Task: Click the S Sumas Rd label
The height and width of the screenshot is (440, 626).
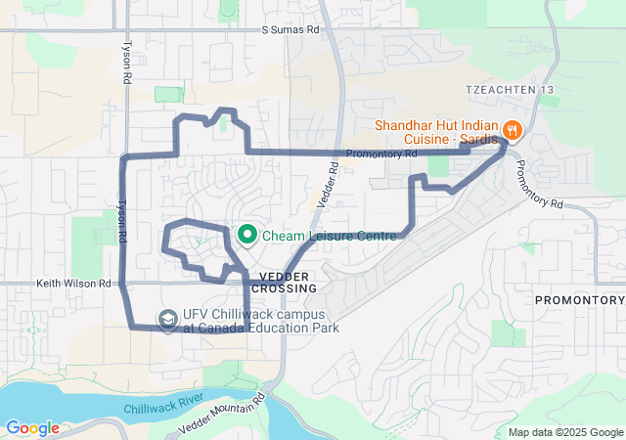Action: (x=291, y=30)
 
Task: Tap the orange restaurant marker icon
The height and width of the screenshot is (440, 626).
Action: (x=511, y=130)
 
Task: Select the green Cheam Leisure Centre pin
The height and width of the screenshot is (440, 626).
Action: (x=247, y=235)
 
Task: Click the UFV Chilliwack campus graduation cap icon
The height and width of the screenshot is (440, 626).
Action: (x=168, y=319)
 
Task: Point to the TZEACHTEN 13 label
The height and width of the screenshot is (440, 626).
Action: (x=509, y=90)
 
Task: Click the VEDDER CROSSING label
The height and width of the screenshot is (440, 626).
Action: (x=285, y=283)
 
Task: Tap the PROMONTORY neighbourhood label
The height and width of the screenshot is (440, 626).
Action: (x=579, y=299)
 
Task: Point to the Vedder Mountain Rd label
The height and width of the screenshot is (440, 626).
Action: (x=224, y=415)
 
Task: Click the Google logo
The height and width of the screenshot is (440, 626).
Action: (x=32, y=428)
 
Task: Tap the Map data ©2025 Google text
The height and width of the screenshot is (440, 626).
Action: (x=564, y=432)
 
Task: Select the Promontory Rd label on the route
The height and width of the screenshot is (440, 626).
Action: (x=381, y=154)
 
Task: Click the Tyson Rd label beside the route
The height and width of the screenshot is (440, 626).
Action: (x=121, y=223)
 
